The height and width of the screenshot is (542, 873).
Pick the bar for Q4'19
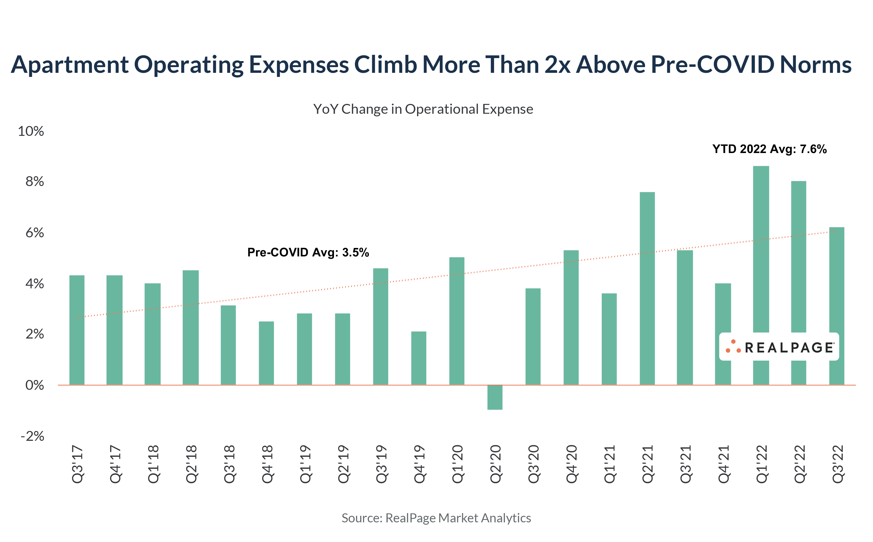coord(419,358)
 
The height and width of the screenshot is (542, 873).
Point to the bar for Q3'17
coord(77,330)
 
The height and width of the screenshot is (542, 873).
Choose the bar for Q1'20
coord(456,321)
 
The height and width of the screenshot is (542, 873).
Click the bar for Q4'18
coord(266,353)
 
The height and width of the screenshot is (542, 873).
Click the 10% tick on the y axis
coord(31,131)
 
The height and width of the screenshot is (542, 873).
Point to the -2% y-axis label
coord(32,436)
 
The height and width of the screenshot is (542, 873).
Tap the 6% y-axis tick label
coord(34,233)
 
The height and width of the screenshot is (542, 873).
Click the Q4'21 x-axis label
coord(723,464)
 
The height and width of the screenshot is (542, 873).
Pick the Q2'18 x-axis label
coord(191,464)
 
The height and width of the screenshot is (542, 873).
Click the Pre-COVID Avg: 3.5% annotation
coord(308,252)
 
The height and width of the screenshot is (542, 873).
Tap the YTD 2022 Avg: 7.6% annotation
coord(769,149)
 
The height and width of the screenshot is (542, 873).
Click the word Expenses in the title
coord(298,65)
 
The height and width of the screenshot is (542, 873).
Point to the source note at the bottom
coord(436,518)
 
